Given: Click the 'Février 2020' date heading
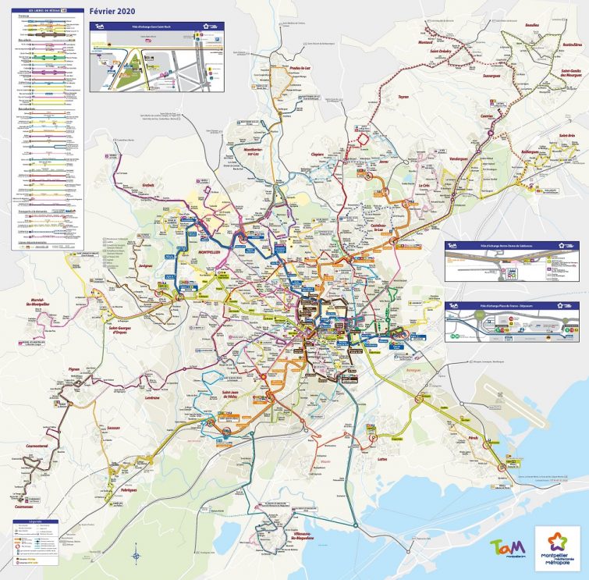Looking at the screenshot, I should click(x=113, y=12).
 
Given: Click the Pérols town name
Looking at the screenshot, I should click(x=472, y=438).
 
